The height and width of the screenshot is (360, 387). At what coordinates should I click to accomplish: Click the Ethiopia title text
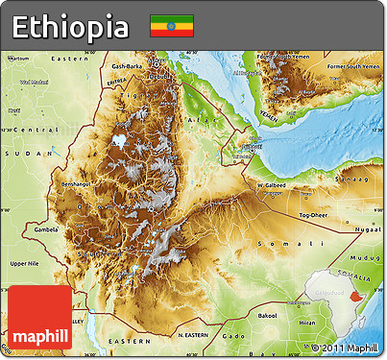click(70, 26)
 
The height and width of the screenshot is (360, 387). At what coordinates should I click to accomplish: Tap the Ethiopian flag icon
click(171, 26)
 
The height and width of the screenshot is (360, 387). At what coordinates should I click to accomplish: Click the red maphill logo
click(40, 317)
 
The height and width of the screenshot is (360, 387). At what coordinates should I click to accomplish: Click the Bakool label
click(267, 314)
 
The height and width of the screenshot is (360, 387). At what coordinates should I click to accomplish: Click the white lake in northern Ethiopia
click(119, 140)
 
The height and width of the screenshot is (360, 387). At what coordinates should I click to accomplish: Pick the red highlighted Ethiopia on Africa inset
click(356, 299)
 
